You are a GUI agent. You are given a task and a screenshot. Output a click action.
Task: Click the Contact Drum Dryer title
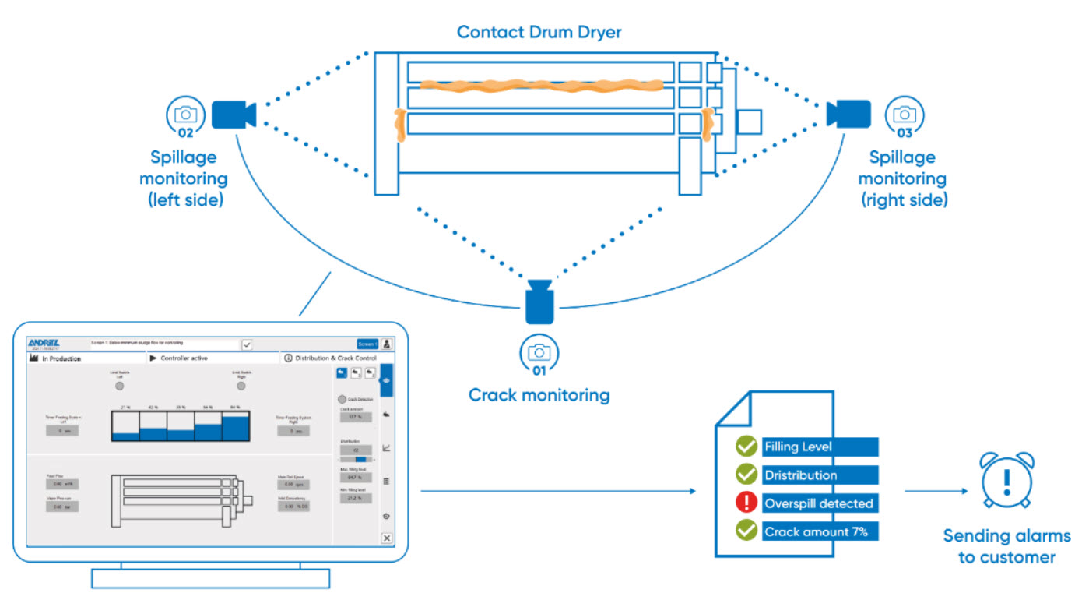[x=539, y=32]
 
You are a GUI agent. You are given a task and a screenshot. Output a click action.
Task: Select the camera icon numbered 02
[x=185, y=115]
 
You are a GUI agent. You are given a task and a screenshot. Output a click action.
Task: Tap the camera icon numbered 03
[x=904, y=115]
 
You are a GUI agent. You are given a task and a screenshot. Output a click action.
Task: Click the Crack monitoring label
[x=539, y=395]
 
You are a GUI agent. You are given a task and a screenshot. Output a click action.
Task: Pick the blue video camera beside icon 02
[x=234, y=115]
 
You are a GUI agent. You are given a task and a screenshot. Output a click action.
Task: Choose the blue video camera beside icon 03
[x=848, y=114]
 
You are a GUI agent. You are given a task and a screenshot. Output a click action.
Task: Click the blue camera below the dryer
[x=539, y=302]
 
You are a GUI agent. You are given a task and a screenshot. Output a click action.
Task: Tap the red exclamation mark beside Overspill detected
[x=746, y=503]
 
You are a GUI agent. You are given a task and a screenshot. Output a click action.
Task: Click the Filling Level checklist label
[x=798, y=447]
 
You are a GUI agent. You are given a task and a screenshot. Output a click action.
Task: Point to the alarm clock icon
[x=1006, y=480]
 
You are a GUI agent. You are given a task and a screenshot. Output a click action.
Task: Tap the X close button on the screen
[x=387, y=538]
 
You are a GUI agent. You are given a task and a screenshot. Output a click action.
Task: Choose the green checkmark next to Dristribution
[x=746, y=475]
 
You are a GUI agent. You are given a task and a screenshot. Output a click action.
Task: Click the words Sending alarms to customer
[x=1006, y=546]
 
